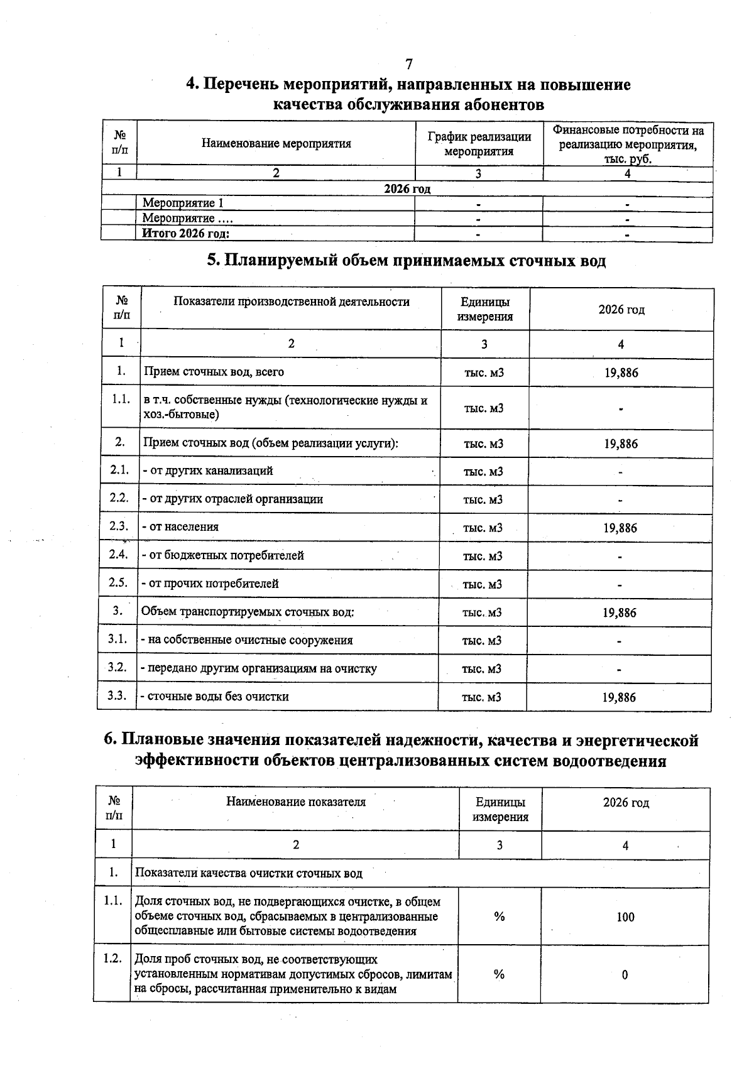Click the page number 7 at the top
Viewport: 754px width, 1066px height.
point(409,64)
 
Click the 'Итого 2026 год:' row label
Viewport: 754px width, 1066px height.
point(186,234)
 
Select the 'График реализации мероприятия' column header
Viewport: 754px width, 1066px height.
point(479,144)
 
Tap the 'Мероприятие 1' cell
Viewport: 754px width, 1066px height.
point(183,203)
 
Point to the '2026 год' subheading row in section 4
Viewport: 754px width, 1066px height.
point(407,189)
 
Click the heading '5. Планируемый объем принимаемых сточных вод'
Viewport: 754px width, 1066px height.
point(407,260)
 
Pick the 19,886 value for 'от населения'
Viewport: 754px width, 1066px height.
point(620,528)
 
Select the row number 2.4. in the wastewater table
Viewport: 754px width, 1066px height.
point(118,555)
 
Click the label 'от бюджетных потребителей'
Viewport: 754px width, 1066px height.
point(225,555)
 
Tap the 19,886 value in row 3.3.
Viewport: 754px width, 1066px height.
point(619,697)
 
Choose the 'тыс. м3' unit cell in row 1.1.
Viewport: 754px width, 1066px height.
point(484,408)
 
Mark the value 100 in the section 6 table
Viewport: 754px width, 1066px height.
point(625,917)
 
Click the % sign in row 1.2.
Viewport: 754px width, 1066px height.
point(499,974)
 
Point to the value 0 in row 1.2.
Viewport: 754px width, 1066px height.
point(625,975)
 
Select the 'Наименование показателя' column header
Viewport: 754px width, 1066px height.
point(296,802)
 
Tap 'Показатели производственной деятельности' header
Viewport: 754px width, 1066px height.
point(292,302)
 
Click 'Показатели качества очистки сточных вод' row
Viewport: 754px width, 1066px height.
point(249,873)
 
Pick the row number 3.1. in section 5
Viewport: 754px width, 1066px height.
point(117,639)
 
